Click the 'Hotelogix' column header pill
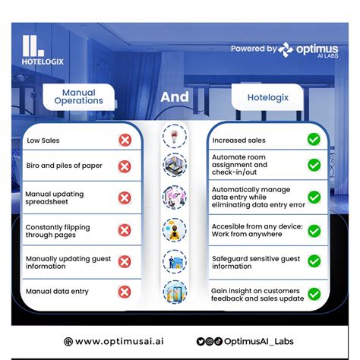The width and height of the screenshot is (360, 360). point(265,97)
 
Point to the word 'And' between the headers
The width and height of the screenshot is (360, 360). point(175,97)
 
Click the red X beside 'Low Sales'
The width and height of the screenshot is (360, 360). point(125,140)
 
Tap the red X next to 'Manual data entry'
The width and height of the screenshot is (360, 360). point(125,290)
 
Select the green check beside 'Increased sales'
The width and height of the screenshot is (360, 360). point(313,140)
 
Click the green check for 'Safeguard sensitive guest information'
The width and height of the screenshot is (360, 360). point(313,261)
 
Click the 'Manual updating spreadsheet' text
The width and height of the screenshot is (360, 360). point(55,198)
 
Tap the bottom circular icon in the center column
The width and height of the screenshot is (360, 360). point(175,292)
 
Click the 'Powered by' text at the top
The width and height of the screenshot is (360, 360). point(253,48)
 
